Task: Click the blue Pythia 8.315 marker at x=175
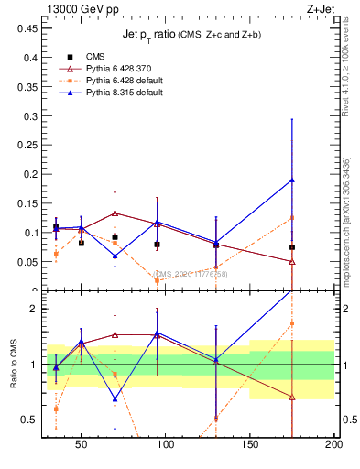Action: [x=292, y=180]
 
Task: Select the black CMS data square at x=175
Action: [x=292, y=247]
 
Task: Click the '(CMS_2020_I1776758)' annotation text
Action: [x=191, y=274]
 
